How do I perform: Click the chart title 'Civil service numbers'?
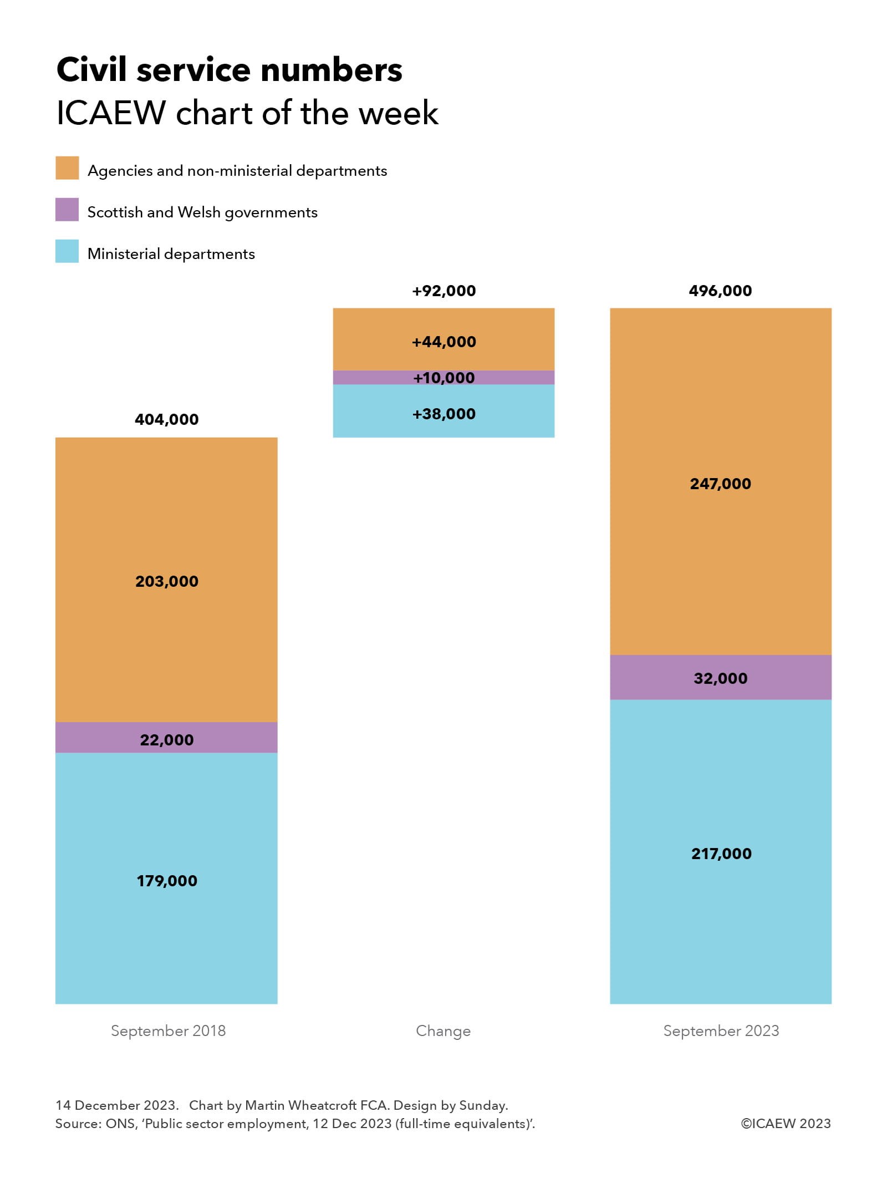(229, 70)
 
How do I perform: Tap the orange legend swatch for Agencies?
(67, 168)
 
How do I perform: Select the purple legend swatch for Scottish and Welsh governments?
(67, 210)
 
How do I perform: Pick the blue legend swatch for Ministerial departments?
(67, 251)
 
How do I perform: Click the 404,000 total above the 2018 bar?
(166, 419)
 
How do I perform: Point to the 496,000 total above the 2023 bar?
(720, 291)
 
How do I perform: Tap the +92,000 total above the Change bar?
(443, 291)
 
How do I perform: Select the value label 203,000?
(166, 581)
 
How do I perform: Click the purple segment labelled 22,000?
(166, 738)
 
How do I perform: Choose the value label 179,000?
(166, 881)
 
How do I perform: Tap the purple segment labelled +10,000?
(443, 378)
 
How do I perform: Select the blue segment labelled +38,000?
(443, 414)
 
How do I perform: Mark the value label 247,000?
(720, 484)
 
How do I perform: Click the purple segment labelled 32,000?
(720, 678)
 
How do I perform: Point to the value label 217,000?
(721, 854)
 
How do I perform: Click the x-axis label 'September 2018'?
(168, 1030)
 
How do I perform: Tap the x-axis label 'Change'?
(443, 1030)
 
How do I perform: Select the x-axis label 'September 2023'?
(721, 1030)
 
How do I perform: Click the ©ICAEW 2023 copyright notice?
(786, 1123)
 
